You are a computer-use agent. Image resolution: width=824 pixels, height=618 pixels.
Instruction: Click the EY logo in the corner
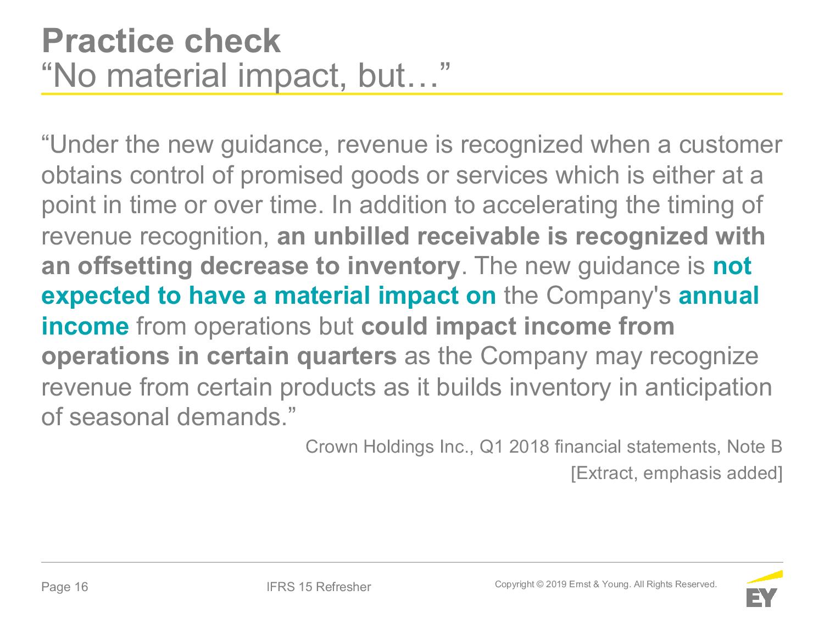[764, 589]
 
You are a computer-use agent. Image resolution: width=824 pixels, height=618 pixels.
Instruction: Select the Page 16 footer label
[65, 587]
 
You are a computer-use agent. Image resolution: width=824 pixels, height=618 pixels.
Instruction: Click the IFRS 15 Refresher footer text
[318, 587]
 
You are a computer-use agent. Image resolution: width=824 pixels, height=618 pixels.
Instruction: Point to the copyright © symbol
[540, 584]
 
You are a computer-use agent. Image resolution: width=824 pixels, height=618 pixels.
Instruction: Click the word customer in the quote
[731, 145]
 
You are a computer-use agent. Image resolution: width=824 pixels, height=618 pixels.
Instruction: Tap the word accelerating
[550, 205]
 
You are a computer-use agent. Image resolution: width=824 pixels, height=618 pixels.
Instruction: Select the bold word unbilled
[361, 236]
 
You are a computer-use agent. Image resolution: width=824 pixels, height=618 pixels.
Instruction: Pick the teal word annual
[719, 296]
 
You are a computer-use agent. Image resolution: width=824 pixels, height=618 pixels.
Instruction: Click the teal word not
[732, 266]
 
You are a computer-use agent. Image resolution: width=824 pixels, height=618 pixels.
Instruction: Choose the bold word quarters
[347, 357]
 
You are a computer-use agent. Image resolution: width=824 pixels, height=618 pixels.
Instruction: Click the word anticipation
[708, 387]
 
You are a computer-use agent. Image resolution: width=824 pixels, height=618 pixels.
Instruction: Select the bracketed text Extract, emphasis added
[676, 473]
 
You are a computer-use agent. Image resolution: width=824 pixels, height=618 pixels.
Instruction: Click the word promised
[291, 176]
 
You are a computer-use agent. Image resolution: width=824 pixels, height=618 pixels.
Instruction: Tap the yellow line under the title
[412, 93]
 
